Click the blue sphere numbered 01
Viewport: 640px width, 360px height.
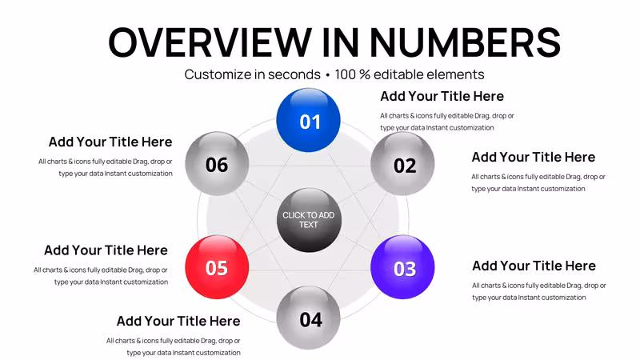[x=308, y=120]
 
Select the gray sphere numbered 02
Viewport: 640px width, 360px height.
[x=402, y=163]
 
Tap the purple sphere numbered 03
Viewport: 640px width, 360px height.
[x=402, y=267]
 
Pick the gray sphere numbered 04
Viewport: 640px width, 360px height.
[x=308, y=318]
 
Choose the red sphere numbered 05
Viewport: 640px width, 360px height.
[x=217, y=267]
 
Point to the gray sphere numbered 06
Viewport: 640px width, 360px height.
[x=217, y=163]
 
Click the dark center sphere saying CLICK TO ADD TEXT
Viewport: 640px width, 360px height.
[x=309, y=220]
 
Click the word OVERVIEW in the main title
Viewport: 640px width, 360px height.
[x=210, y=42]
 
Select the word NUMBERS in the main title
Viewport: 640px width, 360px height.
[x=465, y=42]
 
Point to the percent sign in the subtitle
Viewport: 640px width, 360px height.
[x=365, y=74]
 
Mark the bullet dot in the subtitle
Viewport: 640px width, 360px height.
[x=327, y=75]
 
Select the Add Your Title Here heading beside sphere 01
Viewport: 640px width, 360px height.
[x=442, y=96]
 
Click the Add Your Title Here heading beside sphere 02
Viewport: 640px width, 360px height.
[x=534, y=157]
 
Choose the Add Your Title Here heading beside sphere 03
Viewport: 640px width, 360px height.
[x=534, y=266]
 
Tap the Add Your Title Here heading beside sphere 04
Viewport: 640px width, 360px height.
[x=178, y=322]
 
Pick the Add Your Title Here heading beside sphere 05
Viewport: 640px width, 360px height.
[x=106, y=250]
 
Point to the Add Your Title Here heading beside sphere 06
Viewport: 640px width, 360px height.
[x=110, y=142]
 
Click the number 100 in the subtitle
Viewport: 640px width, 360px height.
[x=346, y=74]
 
